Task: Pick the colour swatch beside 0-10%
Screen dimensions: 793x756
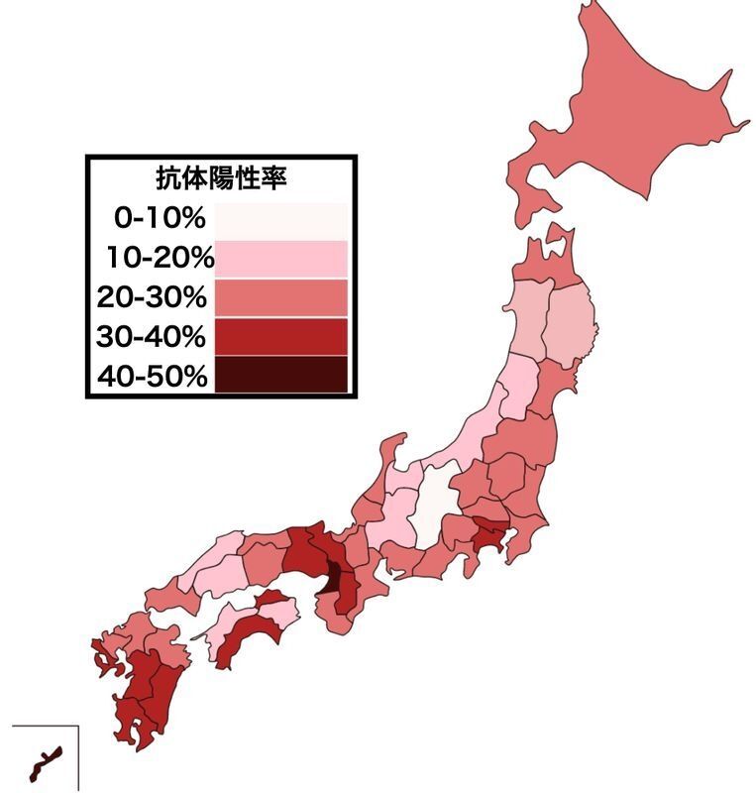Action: pyautogui.click(x=281, y=218)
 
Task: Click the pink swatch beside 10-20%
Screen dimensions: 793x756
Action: pyautogui.click(x=281, y=258)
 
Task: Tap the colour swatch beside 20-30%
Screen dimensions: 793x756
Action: pyautogui.click(x=281, y=297)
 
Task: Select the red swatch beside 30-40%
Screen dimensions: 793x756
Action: pyautogui.click(x=281, y=336)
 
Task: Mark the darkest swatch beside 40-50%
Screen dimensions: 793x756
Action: pyautogui.click(x=281, y=375)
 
